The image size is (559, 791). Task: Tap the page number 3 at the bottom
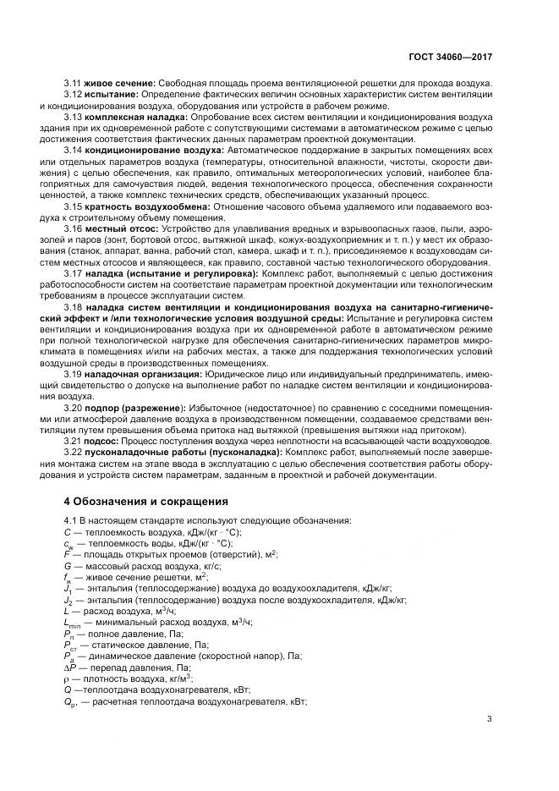(490, 720)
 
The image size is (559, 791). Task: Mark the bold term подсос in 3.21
(103, 440)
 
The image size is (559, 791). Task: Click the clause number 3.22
(74, 452)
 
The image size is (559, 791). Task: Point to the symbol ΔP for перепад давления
(69, 667)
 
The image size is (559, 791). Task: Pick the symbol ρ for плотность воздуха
(66, 678)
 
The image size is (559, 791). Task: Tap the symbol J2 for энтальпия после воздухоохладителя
(69, 599)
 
